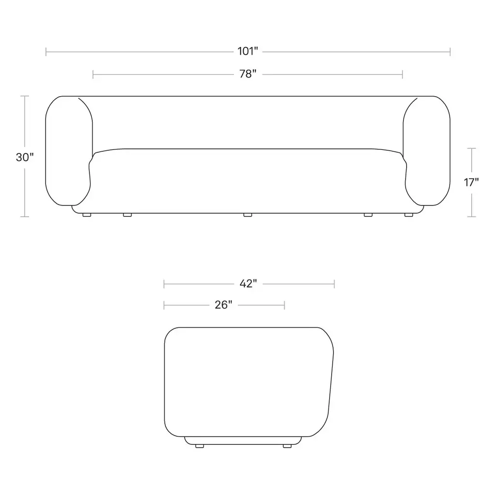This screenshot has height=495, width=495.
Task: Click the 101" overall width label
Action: (x=248, y=51)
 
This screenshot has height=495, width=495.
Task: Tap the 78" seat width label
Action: (x=248, y=74)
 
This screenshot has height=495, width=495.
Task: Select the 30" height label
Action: (x=25, y=157)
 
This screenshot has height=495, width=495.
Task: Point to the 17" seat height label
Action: (x=471, y=182)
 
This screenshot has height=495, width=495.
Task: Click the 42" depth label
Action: (x=248, y=283)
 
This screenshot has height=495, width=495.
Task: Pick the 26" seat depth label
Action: (x=223, y=305)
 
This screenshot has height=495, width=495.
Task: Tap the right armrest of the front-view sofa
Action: (x=427, y=151)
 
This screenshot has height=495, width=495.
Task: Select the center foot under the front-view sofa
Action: (x=248, y=215)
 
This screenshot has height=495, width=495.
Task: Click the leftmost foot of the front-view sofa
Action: (x=87, y=215)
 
